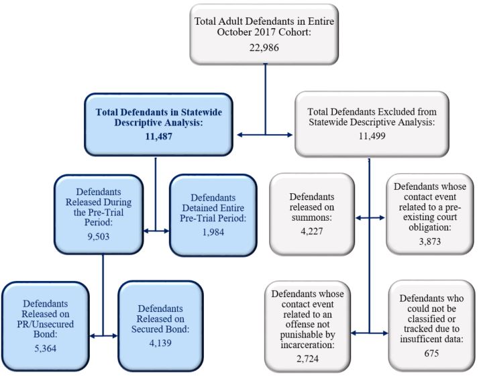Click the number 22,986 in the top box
(x=265, y=48)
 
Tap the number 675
(x=431, y=353)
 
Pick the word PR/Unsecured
(x=44, y=326)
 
